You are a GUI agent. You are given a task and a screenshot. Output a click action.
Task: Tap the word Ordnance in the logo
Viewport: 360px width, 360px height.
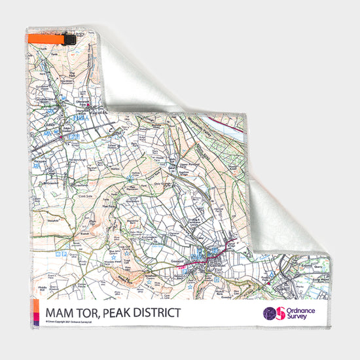[300, 310]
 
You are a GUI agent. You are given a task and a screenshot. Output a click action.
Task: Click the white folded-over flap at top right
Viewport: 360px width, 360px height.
[151, 72]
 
